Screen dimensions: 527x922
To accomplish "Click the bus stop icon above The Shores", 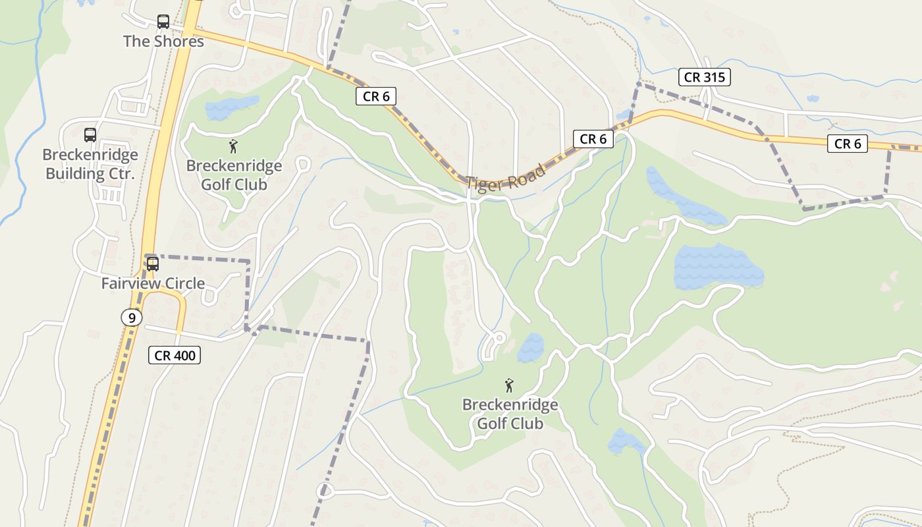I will (x=163, y=22).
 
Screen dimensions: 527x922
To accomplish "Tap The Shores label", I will (x=163, y=41).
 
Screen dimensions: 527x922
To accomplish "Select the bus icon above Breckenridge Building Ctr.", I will (x=90, y=135).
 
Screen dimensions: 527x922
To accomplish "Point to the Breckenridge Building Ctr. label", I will (x=90, y=164).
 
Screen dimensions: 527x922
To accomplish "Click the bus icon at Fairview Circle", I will (x=153, y=264).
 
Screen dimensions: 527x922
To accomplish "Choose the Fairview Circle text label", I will (x=153, y=283).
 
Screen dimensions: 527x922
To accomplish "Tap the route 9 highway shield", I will (x=132, y=318).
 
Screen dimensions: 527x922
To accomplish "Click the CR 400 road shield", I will (x=174, y=355).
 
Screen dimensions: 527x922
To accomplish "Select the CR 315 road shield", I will (x=704, y=77).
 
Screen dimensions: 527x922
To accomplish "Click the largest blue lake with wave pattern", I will (x=717, y=267).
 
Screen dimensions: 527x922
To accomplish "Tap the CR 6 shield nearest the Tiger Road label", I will (x=593, y=139).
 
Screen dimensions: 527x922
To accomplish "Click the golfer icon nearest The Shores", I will (x=232, y=146).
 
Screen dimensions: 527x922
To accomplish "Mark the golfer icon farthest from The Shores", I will (x=508, y=385).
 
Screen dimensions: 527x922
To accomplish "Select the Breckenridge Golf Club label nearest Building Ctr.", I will (x=234, y=175).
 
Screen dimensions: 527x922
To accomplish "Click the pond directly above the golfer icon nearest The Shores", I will (x=231, y=107).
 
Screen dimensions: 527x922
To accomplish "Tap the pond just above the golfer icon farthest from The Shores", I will (x=531, y=347).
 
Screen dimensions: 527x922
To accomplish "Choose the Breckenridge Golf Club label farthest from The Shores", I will (x=510, y=414).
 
